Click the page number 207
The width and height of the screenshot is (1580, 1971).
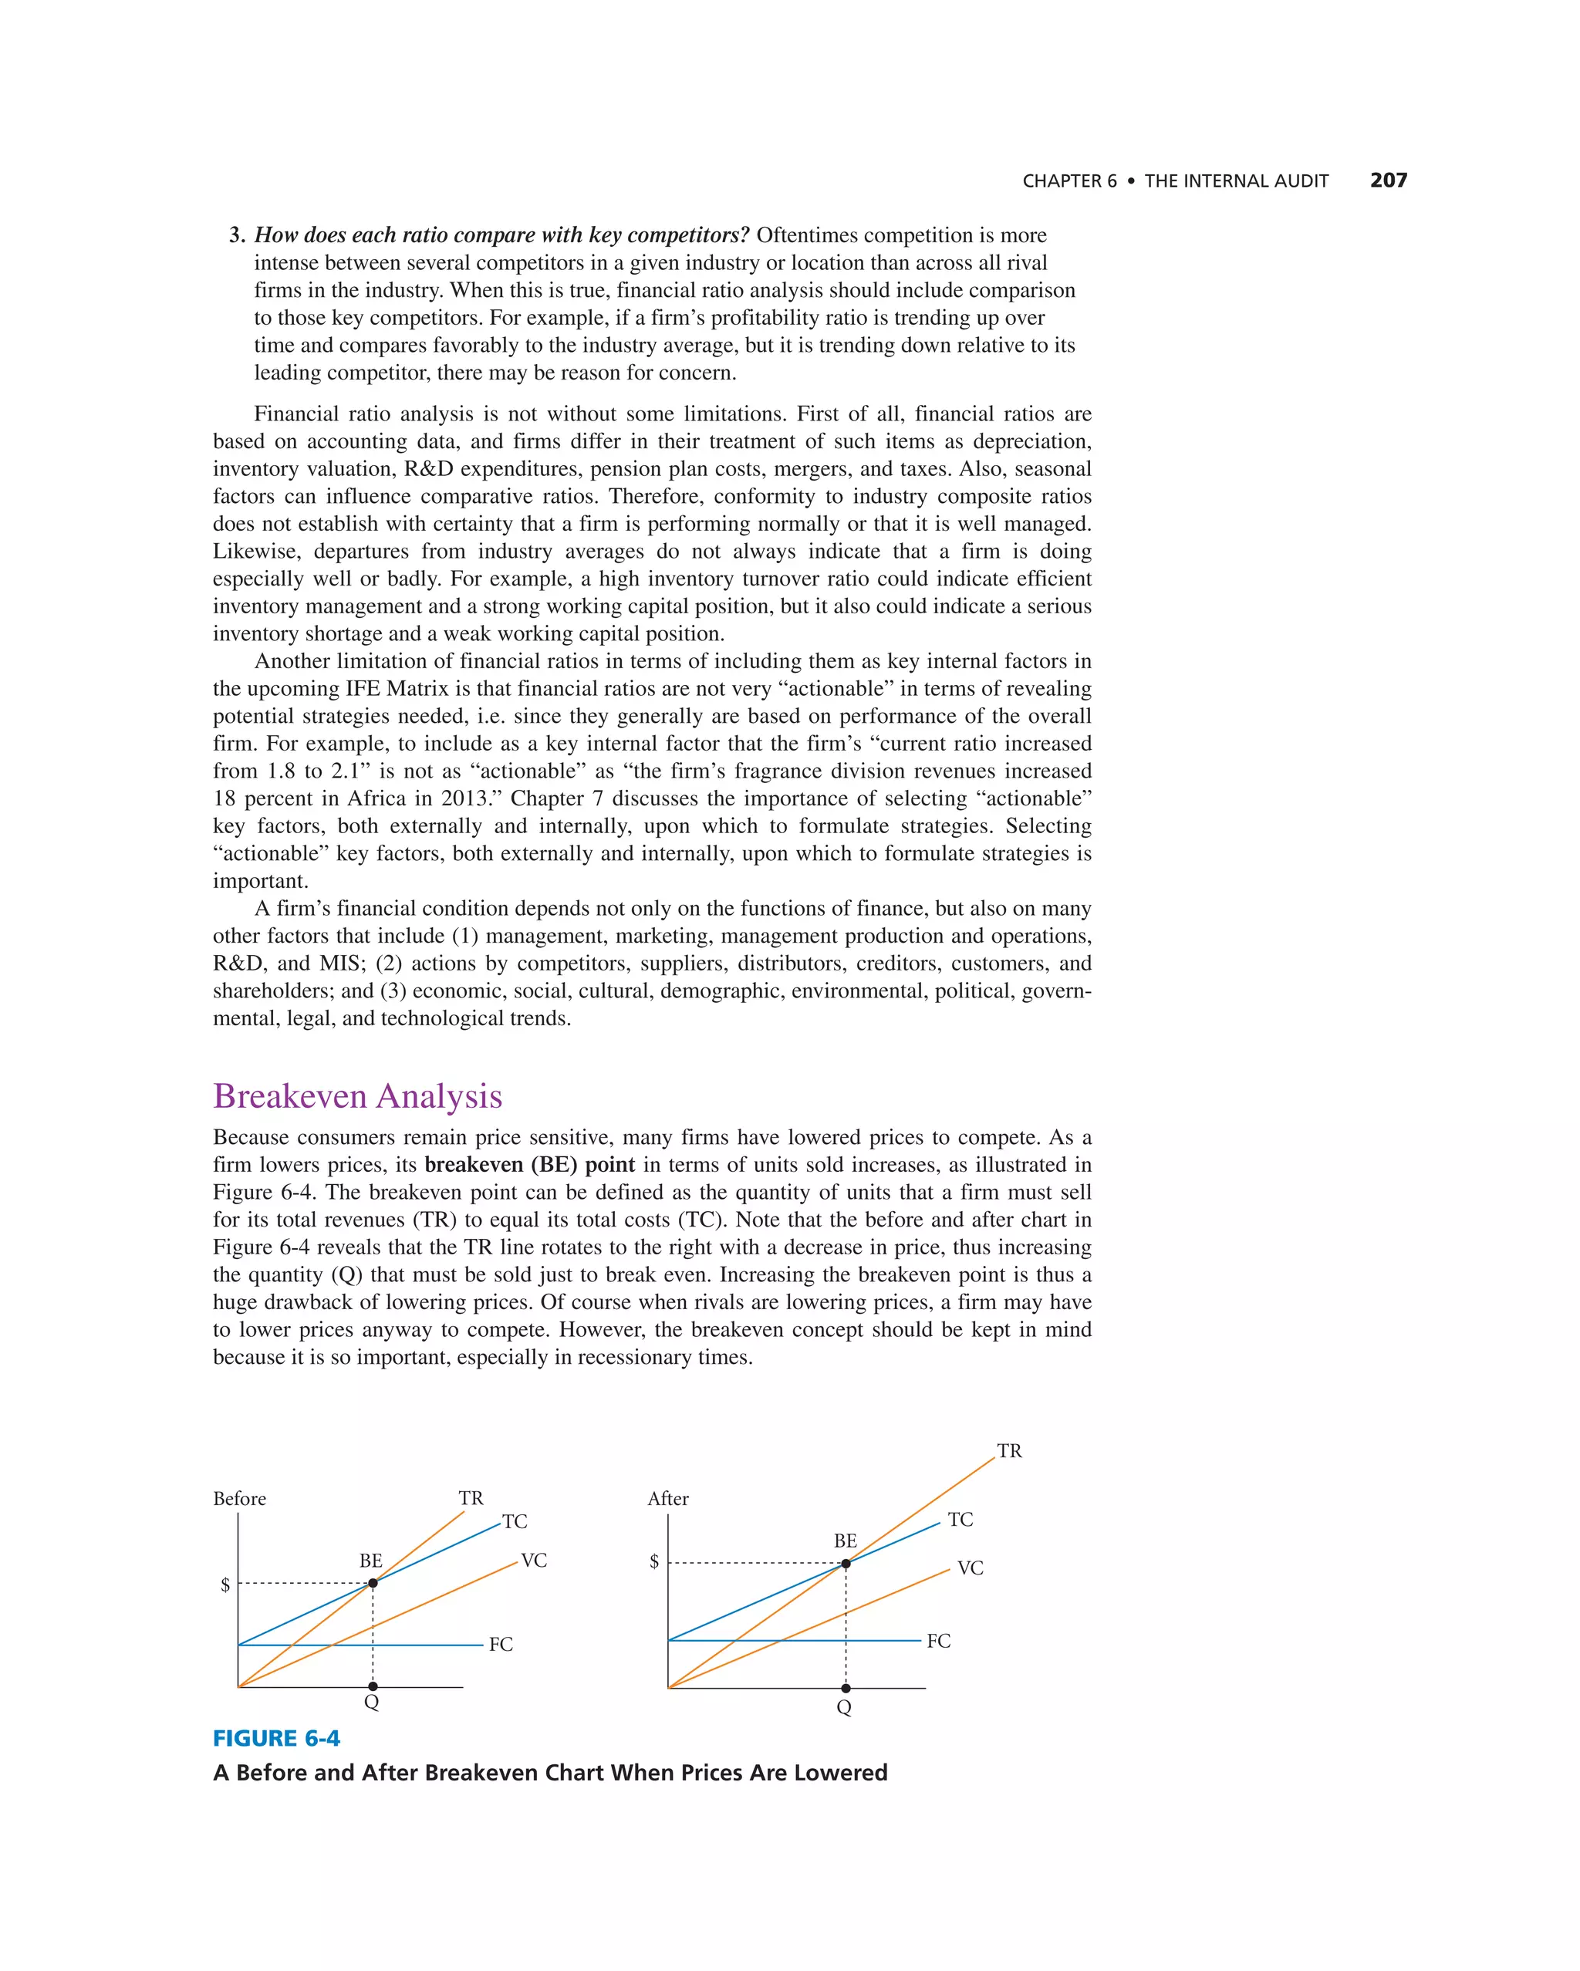point(1388,180)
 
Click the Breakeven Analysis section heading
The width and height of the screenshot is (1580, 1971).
point(357,1096)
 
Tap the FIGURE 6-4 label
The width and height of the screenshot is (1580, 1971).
point(276,1738)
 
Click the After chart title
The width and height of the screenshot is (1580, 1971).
point(667,1498)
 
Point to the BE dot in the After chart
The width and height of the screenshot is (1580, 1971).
point(846,1563)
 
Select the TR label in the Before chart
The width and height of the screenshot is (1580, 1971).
point(471,1497)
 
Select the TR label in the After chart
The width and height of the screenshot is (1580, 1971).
point(1009,1451)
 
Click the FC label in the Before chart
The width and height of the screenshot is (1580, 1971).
point(501,1644)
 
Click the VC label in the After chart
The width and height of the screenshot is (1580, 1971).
point(970,1568)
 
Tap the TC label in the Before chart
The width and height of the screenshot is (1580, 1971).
point(515,1521)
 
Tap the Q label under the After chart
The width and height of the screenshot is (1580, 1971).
point(844,1707)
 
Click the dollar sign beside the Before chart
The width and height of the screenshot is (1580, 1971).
point(225,1585)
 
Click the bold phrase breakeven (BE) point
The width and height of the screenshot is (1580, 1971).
point(529,1165)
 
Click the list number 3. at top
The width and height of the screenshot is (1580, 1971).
point(237,235)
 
